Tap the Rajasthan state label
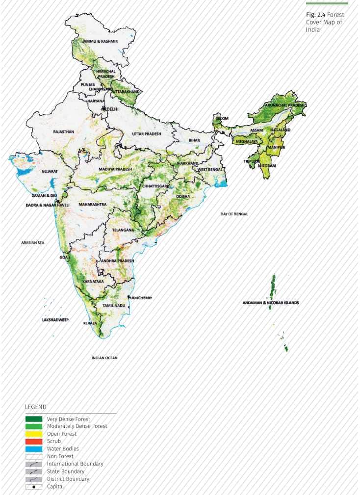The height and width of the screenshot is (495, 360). [x=64, y=131]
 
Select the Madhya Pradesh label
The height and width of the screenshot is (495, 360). [x=115, y=169]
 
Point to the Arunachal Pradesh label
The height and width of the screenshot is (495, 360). [x=284, y=105]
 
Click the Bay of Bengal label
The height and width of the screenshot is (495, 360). [x=234, y=214]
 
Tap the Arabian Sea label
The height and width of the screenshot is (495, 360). [x=33, y=242]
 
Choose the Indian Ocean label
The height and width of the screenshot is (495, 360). [x=105, y=358]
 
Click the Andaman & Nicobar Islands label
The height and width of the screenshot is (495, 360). [x=271, y=303]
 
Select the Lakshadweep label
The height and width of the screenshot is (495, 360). [x=55, y=319]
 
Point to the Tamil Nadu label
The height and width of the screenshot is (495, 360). [x=114, y=305]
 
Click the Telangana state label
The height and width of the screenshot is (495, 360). [x=123, y=230]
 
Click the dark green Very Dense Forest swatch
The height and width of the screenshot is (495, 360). [x=34, y=419]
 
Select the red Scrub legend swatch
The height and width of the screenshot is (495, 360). [x=34, y=442]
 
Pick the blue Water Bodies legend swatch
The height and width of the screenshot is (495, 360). [x=34, y=449]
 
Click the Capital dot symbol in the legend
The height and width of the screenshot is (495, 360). [x=34, y=486]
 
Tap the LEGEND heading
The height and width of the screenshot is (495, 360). [x=36, y=407]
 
